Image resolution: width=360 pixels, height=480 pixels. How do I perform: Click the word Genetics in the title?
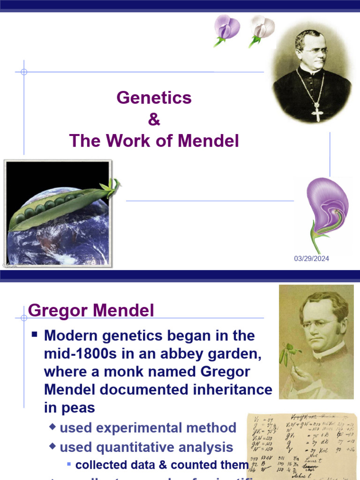tap(154, 97)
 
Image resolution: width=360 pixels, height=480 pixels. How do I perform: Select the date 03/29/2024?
tap(311, 259)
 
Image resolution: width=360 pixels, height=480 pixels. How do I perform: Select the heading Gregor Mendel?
tap(91, 310)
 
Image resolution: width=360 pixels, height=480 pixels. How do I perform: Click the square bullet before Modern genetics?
tap(35, 336)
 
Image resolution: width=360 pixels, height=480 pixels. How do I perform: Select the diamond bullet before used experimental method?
tap(52, 427)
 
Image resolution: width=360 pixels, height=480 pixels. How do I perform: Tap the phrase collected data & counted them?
tap(162, 465)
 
